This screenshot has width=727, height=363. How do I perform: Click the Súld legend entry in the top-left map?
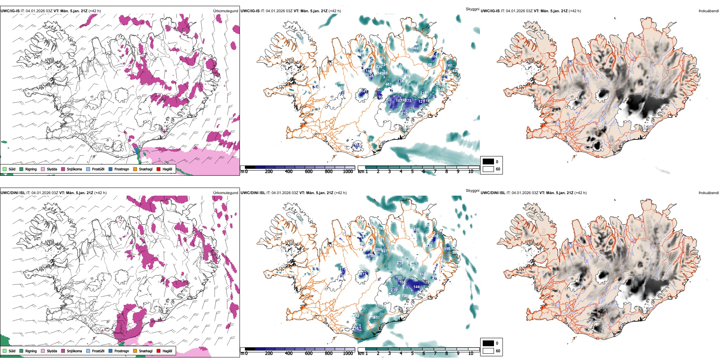tap(9, 169)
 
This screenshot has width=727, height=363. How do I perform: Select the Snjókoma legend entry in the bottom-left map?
tap(71, 351)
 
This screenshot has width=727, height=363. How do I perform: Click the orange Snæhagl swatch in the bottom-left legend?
tap(135, 351)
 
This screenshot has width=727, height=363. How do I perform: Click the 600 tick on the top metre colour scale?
tap(308, 172)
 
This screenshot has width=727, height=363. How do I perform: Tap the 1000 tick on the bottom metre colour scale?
tap(348, 353)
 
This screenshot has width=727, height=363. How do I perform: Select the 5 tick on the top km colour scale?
tap(412, 172)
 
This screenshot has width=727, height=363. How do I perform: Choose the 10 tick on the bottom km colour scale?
tap(471, 353)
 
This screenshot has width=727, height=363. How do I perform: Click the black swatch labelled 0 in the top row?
tap(488, 162)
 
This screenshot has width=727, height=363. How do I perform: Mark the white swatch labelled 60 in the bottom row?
tap(488, 351)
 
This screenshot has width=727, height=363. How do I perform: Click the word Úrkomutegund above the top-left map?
tap(225, 11)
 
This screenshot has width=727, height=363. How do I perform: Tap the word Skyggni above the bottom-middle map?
tap(472, 191)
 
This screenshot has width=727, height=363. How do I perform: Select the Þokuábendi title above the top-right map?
tap(709, 11)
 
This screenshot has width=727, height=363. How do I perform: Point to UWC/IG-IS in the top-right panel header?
tap(490, 11)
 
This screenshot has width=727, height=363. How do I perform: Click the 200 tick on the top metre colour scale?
tap(269, 172)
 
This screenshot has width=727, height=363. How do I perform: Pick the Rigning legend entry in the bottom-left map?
tap(28, 351)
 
